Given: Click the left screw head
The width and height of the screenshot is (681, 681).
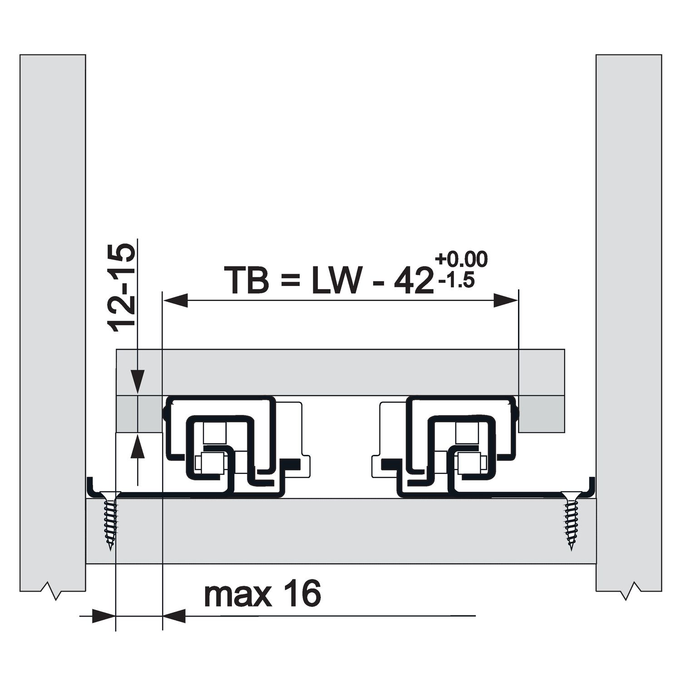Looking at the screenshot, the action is (110, 497).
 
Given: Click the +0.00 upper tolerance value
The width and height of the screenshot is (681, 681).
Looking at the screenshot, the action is (461, 260).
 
